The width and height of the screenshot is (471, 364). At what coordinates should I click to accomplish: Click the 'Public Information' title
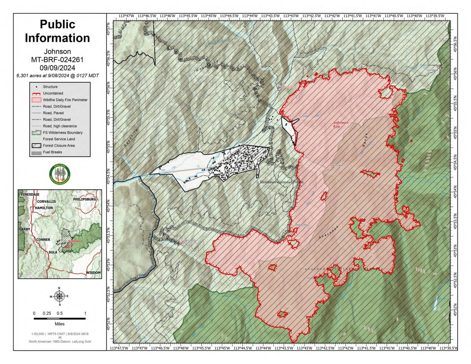pyautogui.click(x=57, y=31)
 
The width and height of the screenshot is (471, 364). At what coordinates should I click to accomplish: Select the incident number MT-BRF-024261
pyautogui.click(x=57, y=60)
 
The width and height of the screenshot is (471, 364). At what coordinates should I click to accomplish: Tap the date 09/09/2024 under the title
pyautogui.click(x=57, y=68)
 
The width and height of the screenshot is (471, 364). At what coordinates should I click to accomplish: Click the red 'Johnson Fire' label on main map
pyautogui.click(x=340, y=124)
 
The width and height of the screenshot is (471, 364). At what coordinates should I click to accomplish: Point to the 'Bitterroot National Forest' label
pyautogui.click(x=281, y=182)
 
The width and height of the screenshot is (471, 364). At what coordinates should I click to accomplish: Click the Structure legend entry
pyautogui.click(x=50, y=87)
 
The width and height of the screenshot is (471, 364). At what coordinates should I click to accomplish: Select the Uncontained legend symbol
pyautogui.click(x=36, y=93)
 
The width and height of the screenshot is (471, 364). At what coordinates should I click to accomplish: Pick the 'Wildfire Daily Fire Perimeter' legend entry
pyautogui.click(x=65, y=100)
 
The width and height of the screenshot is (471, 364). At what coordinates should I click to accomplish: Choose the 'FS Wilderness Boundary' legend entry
pyautogui.click(x=63, y=132)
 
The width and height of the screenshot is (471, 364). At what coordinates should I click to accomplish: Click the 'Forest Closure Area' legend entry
pyautogui.click(x=59, y=146)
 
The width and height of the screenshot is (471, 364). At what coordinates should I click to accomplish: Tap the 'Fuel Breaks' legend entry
pyautogui.click(x=52, y=152)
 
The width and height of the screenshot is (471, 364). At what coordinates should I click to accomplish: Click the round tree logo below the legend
pyautogui.click(x=60, y=174)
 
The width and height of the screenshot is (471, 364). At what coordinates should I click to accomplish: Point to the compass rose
pyautogui.click(x=59, y=296)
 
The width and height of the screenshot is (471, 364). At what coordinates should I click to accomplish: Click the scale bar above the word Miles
pyautogui.click(x=60, y=318)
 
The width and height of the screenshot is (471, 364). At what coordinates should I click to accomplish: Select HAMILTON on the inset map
pyautogui.click(x=44, y=208)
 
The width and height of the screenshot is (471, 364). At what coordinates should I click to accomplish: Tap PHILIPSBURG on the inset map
pyautogui.click(x=84, y=199)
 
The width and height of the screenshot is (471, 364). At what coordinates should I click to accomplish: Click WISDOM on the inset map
pyautogui.click(x=93, y=273)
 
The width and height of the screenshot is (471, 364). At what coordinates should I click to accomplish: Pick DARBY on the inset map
pyautogui.click(x=25, y=229)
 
